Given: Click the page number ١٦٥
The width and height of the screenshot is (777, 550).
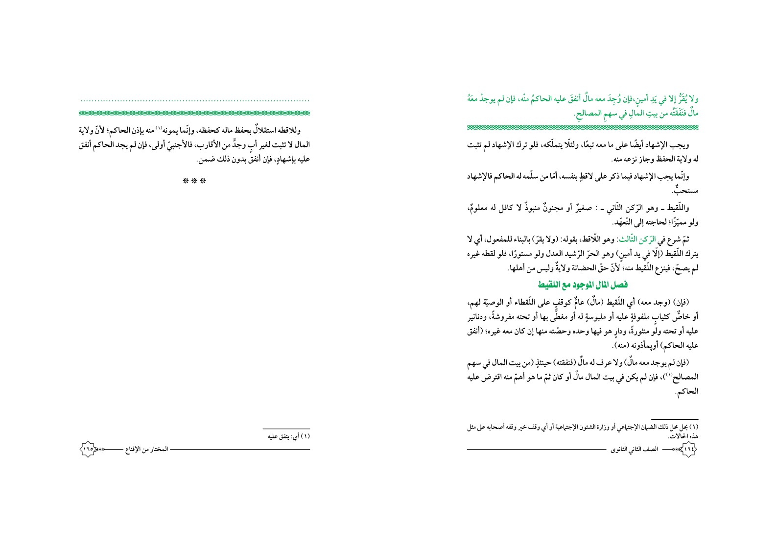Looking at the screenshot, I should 88,449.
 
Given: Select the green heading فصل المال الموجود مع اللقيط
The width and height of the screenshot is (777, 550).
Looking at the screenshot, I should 582,285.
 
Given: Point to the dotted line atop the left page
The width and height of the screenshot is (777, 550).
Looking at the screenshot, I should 194,101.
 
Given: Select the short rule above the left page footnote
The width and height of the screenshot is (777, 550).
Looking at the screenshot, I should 286,429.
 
